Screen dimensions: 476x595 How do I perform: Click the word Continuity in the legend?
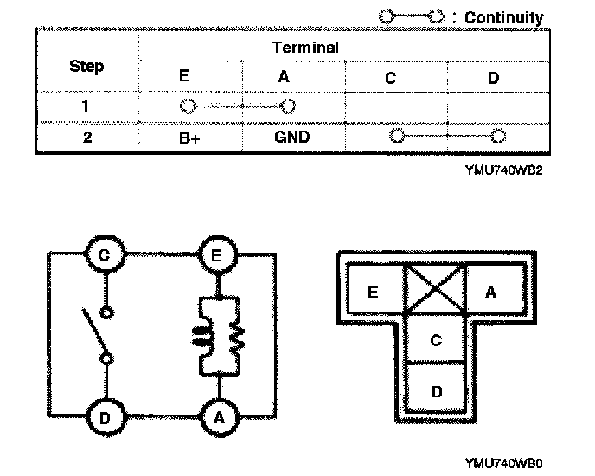coord(504,17)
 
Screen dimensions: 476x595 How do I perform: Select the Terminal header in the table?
coord(305,48)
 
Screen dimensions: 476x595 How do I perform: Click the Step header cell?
coord(86,66)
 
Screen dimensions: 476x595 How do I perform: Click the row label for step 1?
coord(86,107)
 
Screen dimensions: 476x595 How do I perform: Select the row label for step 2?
coord(86,137)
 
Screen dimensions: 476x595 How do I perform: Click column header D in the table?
coord(493,78)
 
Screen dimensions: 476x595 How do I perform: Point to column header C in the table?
coord(391,78)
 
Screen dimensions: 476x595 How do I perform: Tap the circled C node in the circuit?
coord(105,255)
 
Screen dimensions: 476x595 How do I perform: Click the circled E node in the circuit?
coord(215,255)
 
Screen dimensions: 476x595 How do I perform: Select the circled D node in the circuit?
coord(105,418)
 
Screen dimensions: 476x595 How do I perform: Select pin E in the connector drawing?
coord(374,293)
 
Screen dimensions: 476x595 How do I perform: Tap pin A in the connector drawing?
coord(491,293)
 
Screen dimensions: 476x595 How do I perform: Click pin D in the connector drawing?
coord(436,391)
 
